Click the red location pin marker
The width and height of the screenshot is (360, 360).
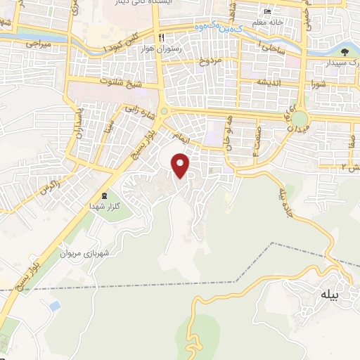[x=181, y=165]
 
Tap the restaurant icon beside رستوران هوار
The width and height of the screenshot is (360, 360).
[x=161, y=37]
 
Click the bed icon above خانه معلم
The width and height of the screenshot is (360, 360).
[x=266, y=12]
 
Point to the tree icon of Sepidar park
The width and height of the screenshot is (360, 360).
[x=344, y=51]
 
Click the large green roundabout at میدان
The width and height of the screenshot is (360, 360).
[x=300, y=119]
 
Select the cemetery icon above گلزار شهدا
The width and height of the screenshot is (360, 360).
[x=104, y=195]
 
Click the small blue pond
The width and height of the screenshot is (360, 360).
[x=53, y=307]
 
